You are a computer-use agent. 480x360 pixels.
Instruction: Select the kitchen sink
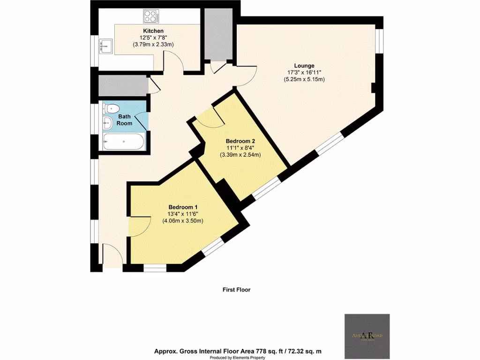(x=105, y=46)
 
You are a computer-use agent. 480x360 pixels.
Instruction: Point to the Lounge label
(x=304, y=66)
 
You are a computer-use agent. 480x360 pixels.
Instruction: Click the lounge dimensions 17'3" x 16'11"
(x=304, y=73)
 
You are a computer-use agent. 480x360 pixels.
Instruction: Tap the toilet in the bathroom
(x=111, y=108)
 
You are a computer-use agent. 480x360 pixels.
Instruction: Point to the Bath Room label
(x=125, y=120)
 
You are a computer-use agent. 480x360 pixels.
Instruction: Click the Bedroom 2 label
(x=240, y=141)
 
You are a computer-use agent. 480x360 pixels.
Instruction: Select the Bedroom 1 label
(x=183, y=207)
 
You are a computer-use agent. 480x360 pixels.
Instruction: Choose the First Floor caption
(x=236, y=290)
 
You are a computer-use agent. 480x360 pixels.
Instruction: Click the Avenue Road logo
(x=367, y=335)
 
